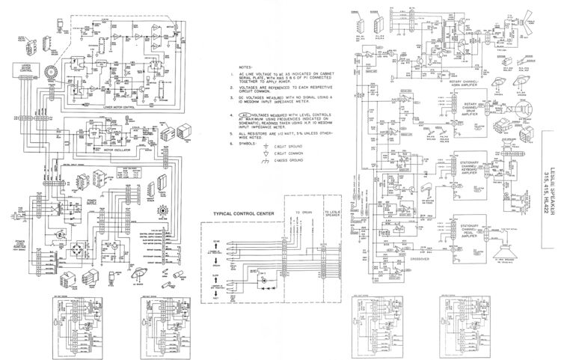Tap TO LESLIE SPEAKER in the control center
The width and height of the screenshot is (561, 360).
coord(332,216)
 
